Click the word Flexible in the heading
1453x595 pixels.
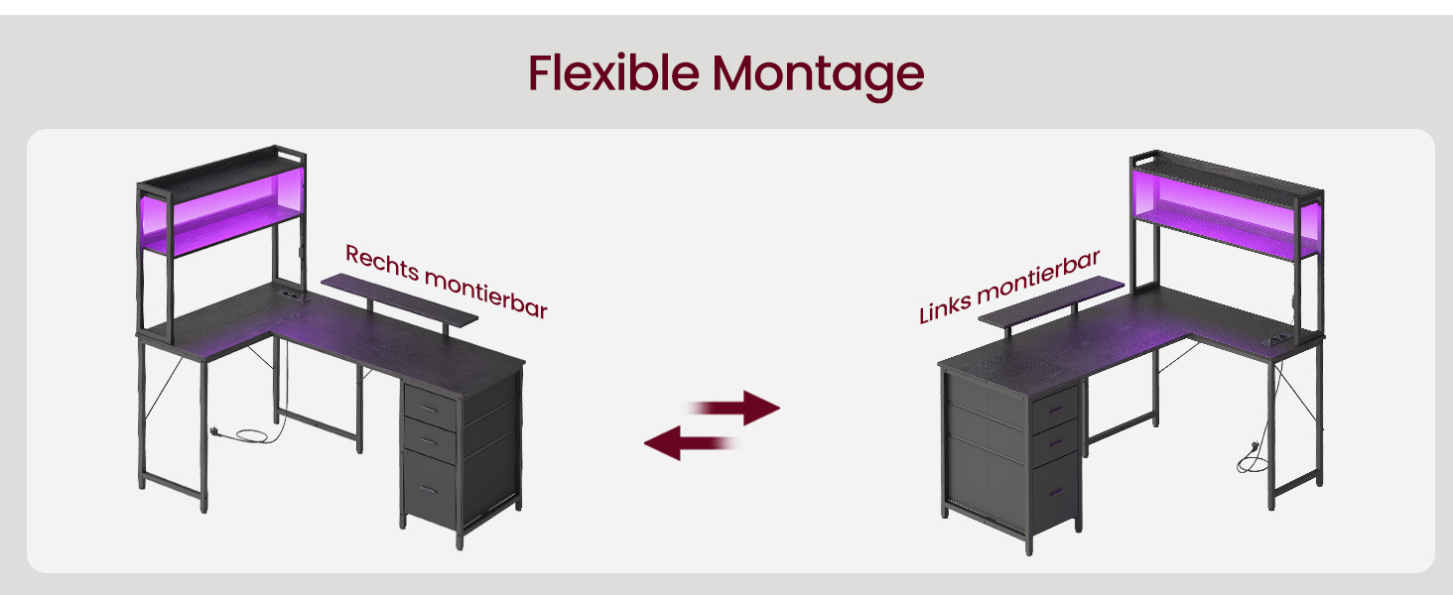pos(613,72)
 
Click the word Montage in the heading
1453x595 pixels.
pos(818,75)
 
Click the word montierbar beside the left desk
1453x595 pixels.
pos(486,295)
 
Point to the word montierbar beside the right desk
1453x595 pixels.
pos(1038,276)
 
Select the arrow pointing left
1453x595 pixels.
pos(691,443)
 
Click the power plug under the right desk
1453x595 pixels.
pos(1255,446)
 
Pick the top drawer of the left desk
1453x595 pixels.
pos(430,407)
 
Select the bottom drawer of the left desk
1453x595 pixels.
pos(430,488)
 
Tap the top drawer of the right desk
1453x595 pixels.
pos(1055,410)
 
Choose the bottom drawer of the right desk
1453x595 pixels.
pos(1056,493)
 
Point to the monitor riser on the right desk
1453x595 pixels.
pos(1051,303)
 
